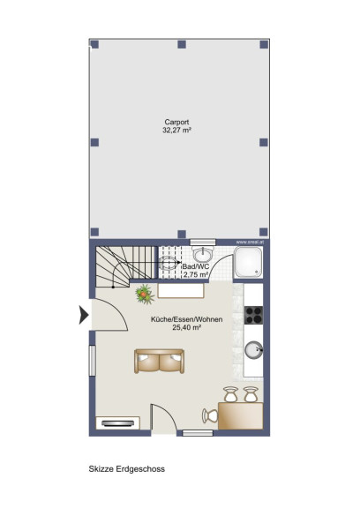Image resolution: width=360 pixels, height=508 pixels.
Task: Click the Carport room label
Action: point(176,122)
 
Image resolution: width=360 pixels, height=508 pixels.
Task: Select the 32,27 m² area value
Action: point(176,131)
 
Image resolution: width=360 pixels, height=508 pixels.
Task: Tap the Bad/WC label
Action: point(196,266)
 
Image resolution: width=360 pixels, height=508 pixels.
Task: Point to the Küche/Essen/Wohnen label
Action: point(187,319)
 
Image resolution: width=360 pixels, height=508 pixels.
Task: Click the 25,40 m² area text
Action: point(187,327)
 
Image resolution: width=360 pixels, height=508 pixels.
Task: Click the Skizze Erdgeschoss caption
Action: point(127,469)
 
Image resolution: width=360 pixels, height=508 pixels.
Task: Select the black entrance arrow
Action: point(84,315)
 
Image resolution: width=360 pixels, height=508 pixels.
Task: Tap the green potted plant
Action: point(144,295)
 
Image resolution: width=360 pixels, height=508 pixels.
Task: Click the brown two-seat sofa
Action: point(160,361)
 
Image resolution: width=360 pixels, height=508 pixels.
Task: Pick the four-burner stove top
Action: point(253,315)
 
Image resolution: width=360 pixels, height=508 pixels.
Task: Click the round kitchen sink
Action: point(253,349)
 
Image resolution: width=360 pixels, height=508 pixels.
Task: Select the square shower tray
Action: point(248,262)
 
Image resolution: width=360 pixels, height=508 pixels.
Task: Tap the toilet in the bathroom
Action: point(169,263)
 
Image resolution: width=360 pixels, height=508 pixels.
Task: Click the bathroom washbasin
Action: point(203,253)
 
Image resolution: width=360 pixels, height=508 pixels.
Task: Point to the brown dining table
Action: point(240,416)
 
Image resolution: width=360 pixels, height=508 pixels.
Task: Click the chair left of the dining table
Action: point(210,416)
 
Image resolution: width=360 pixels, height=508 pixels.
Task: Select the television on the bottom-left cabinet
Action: point(117,423)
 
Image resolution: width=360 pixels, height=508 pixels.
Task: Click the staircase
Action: point(126,266)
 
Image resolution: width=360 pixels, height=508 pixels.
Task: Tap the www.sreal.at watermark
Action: point(250,242)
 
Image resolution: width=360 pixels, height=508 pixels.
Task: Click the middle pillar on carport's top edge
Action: point(182,44)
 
